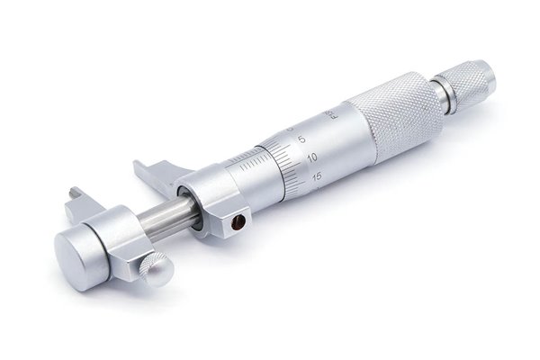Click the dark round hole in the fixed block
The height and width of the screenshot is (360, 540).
239,221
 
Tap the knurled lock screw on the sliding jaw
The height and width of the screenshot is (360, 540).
155,268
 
